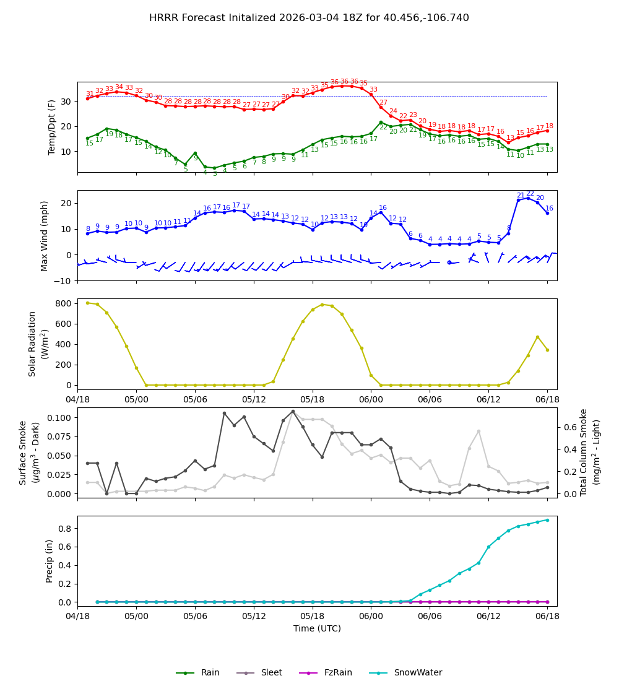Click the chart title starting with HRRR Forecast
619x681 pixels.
click(309, 18)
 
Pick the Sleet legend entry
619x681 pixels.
click(271, 673)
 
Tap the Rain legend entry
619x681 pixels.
click(210, 673)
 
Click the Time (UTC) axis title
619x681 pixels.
click(317, 628)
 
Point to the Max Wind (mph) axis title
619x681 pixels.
click(45, 235)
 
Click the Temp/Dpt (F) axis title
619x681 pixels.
click(52, 127)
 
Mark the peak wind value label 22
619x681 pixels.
click(530, 194)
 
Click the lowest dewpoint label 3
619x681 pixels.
click(215, 174)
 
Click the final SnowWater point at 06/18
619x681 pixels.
click(547, 520)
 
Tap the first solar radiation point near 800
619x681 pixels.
click(87, 303)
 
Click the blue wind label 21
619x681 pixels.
click(521, 196)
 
